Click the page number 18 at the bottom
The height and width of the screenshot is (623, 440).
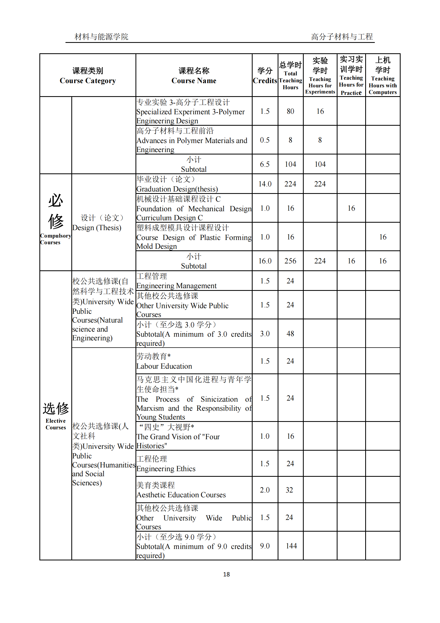click(x=226, y=574)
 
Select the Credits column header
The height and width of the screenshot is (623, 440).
click(x=265, y=76)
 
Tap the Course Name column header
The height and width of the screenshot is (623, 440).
click(x=194, y=76)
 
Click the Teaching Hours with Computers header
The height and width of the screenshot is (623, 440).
click(x=382, y=76)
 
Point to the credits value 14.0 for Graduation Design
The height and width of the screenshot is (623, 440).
click(x=265, y=184)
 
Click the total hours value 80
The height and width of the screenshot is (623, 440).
click(x=290, y=111)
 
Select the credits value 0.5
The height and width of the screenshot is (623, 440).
click(x=265, y=140)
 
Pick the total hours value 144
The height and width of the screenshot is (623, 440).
click(x=291, y=546)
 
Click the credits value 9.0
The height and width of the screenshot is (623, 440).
click(x=265, y=546)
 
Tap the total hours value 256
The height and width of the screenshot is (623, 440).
click(x=290, y=261)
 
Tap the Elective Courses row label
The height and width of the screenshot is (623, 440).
click(x=56, y=415)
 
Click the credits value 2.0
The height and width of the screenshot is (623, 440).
click(x=265, y=490)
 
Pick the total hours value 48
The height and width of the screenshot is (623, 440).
click(x=290, y=334)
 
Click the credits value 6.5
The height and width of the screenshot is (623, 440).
click(x=265, y=164)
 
